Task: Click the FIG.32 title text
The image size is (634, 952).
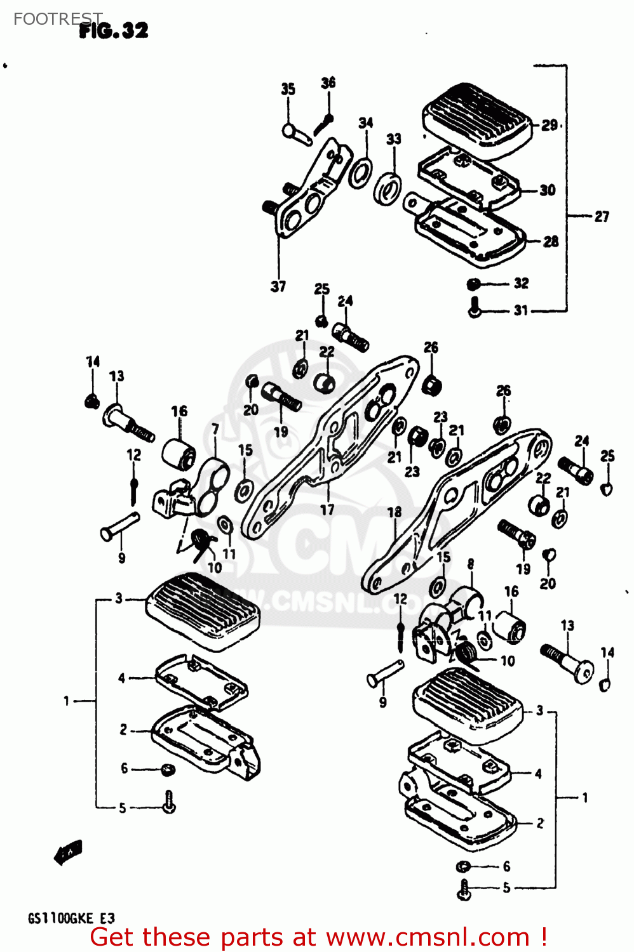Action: coord(114,30)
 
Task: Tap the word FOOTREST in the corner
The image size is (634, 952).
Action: coord(57,19)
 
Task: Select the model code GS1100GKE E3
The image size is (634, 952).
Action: coord(71,918)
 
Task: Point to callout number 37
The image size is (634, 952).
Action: coord(278,287)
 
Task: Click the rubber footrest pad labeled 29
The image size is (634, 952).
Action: coord(476,121)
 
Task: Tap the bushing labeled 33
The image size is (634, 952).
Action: coord(388,188)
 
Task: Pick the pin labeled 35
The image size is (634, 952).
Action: coord(297,134)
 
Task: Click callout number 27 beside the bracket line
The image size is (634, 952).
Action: coord(601,217)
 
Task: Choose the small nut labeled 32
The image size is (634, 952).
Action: coord(473,284)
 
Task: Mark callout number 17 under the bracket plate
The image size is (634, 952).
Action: coord(327,510)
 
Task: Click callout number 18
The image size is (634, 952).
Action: coord(395,512)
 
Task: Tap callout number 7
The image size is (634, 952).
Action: coord(215,430)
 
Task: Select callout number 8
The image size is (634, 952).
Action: coord(470,564)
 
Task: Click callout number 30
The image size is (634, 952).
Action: coord(547,190)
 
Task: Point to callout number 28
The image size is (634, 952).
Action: coord(550,241)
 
